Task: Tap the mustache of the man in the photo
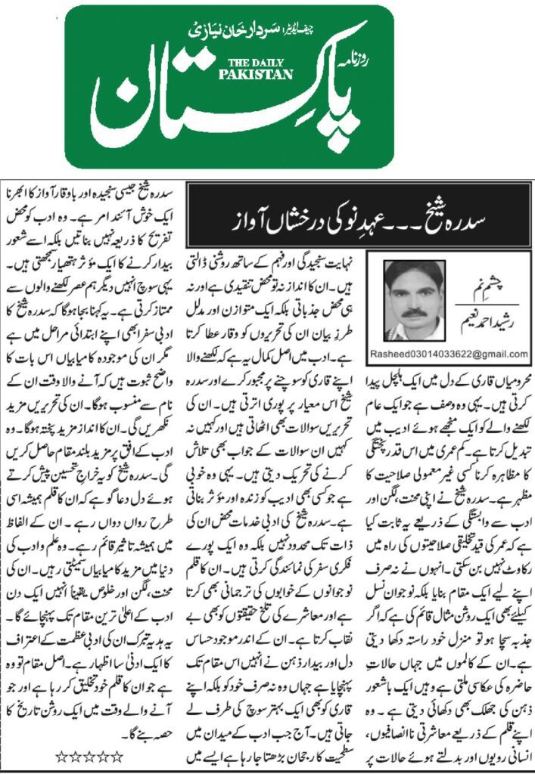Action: (x=413, y=309)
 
